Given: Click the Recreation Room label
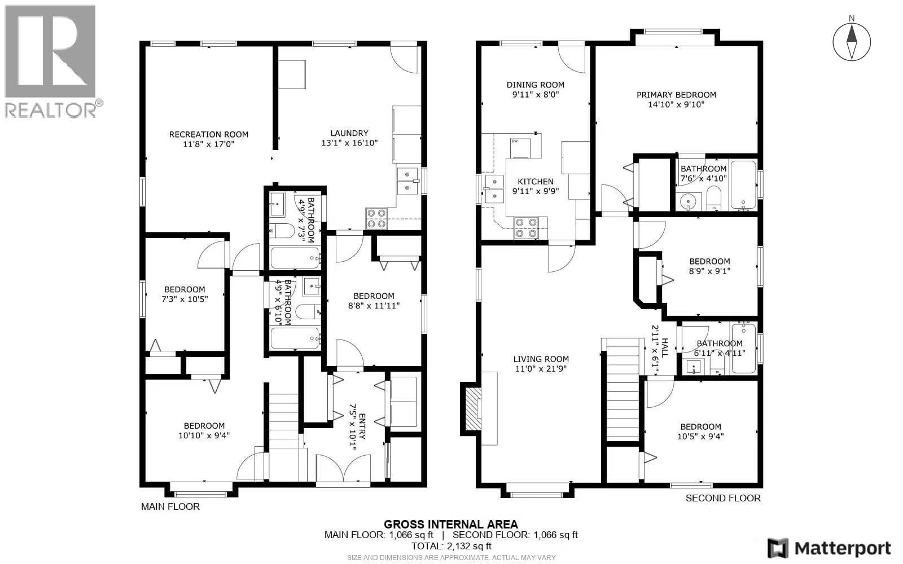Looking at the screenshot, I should tap(209, 134).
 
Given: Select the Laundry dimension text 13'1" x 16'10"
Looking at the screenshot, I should tap(349, 143).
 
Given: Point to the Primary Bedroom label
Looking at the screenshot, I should tap(676, 95).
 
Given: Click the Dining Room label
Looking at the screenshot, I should tap(535, 85).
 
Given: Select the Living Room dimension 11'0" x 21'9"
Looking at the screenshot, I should tap(541, 369).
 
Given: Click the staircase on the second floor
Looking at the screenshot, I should tap(622, 389).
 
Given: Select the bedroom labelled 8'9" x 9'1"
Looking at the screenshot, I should tap(709, 266).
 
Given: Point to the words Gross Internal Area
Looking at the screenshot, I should tap(450, 525).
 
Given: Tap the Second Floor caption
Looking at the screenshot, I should tap(722, 498).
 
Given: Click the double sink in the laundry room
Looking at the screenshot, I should tap(408, 180).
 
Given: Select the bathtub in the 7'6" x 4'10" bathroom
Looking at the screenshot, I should tap(743, 185).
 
